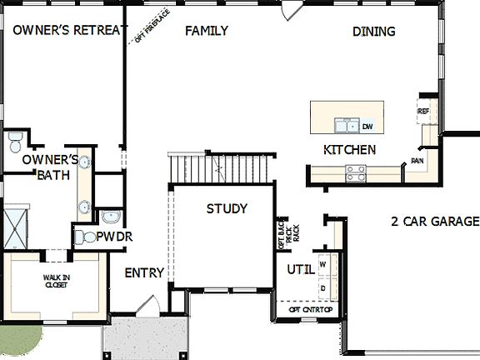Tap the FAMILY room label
click(207, 31)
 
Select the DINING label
click(373, 32)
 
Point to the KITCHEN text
click(349, 150)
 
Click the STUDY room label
click(227, 208)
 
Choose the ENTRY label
click(144, 273)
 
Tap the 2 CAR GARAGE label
click(435, 222)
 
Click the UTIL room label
click(300, 269)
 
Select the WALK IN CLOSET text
click(55, 282)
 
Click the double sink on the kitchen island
click(344, 126)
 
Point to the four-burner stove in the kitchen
click(357, 173)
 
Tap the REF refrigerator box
click(422, 110)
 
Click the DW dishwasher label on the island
click(367, 127)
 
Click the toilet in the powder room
click(84, 237)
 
